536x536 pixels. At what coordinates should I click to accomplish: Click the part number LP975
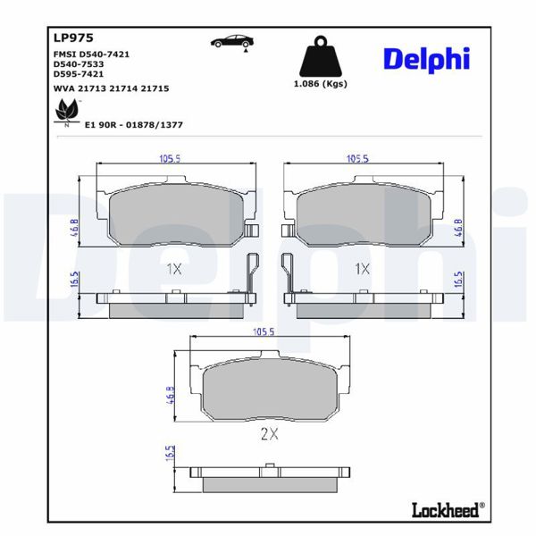point(68,38)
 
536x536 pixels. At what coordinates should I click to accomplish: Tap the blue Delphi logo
point(425,59)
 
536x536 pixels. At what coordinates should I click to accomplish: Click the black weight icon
point(320,58)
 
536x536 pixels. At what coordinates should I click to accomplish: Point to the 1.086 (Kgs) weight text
point(320,84)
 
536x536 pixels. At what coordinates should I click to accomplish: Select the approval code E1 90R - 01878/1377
point(133,125)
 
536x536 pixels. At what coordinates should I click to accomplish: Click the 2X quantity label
point(269,434)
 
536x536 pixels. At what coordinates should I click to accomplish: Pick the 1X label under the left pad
point(173,268)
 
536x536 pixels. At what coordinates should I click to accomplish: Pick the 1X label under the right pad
point(362,268)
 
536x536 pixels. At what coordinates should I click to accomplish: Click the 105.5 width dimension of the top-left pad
point(169,159)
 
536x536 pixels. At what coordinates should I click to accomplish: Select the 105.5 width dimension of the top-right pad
point(357,159)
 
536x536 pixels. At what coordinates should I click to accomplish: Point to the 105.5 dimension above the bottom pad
point(264,331)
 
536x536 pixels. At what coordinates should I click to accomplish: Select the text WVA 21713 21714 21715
point(112,89)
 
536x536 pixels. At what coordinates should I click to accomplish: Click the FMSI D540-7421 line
point(92,54)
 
